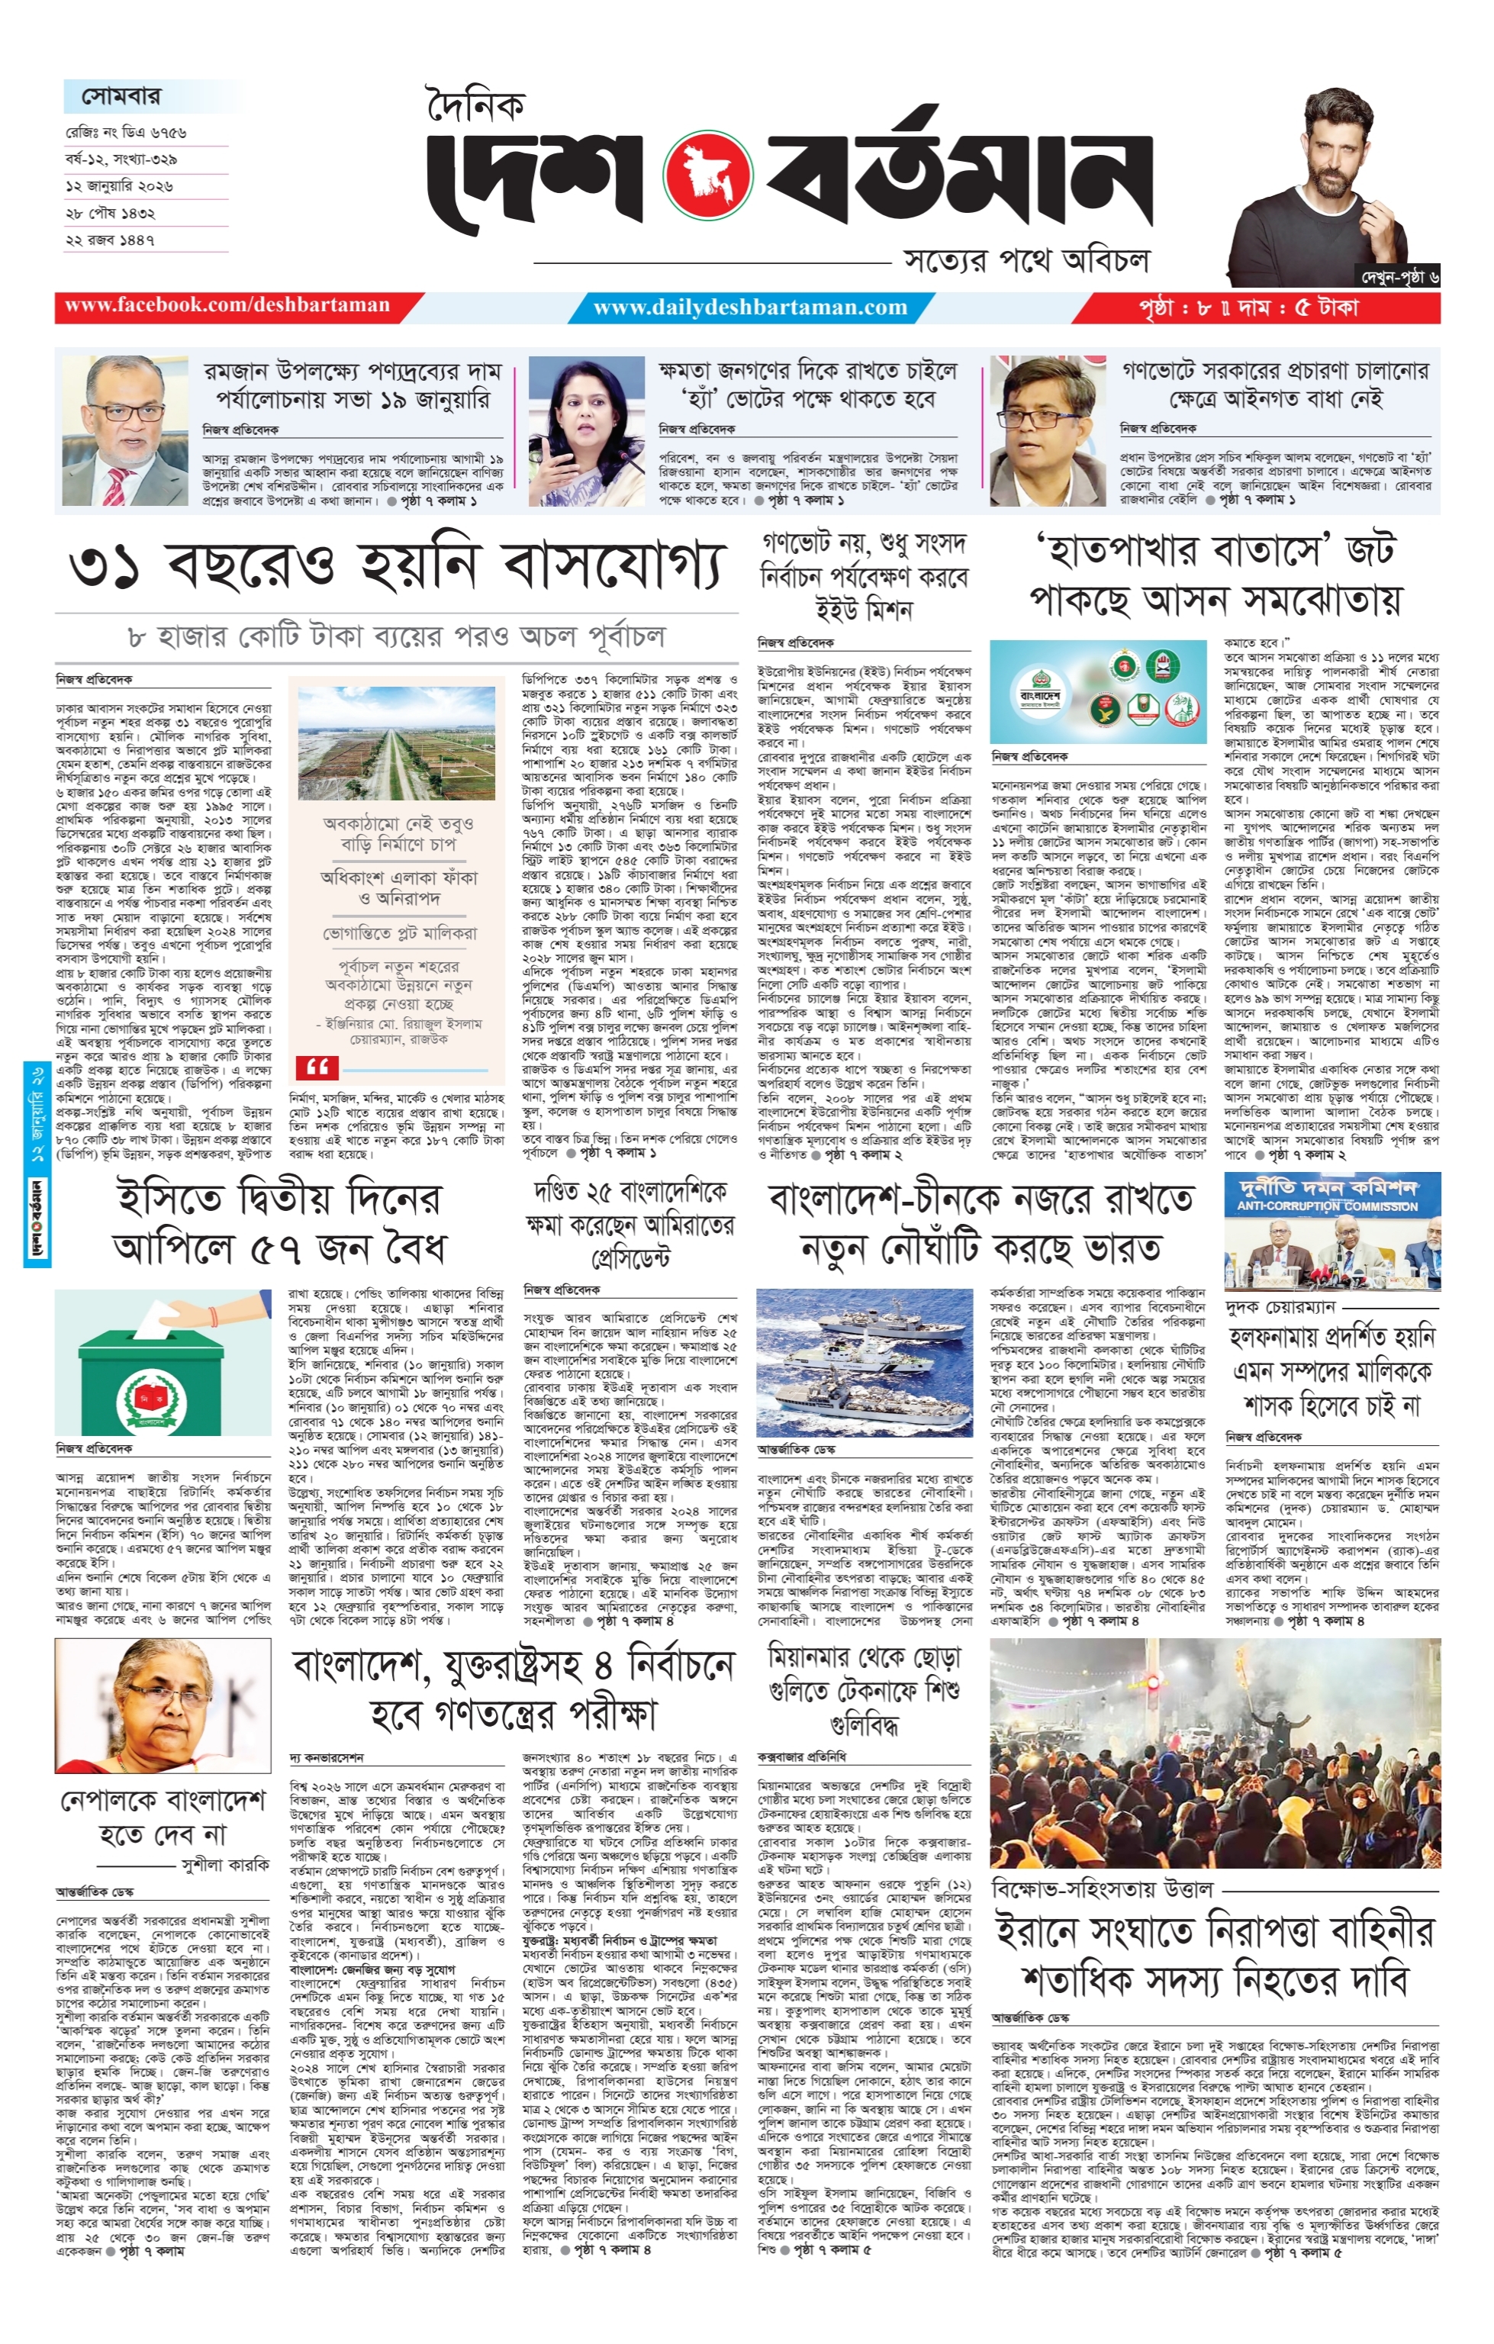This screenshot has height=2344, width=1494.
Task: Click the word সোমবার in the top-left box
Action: point(121,96)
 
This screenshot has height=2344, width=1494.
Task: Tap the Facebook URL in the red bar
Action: point(227,306)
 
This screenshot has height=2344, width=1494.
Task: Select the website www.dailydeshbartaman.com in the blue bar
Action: point(749,307)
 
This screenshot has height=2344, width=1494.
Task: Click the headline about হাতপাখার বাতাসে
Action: point(1215,576)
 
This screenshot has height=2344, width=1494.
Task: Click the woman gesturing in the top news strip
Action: point(586,430)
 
